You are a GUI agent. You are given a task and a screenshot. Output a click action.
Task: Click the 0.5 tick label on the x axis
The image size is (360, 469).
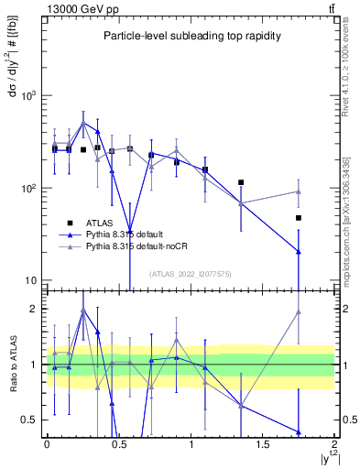118,443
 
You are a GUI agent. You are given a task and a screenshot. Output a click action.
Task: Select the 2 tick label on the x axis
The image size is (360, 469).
334,443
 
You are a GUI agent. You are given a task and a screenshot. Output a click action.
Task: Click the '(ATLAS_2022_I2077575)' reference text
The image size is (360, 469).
191,273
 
